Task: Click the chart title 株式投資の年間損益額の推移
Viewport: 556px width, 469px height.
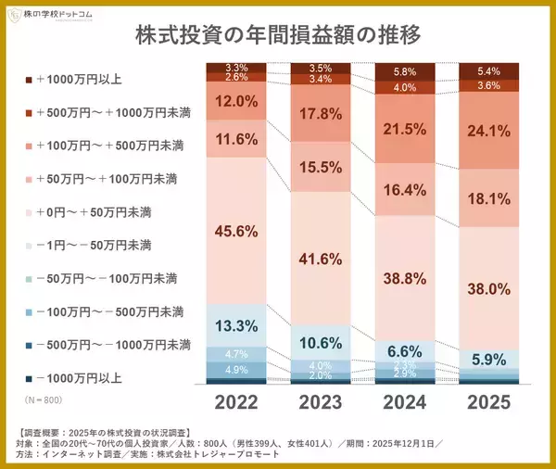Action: tap(278, 36)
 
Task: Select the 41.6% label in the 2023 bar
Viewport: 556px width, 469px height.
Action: tap(321, 260)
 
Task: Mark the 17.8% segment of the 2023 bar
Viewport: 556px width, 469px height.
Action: tap(321, 115)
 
